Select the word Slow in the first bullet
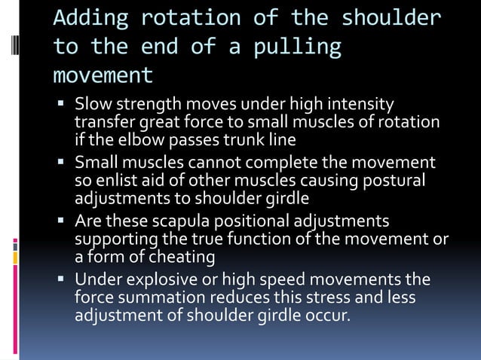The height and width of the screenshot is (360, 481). (x=91, y=104)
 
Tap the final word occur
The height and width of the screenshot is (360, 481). (x=329, y=316)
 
